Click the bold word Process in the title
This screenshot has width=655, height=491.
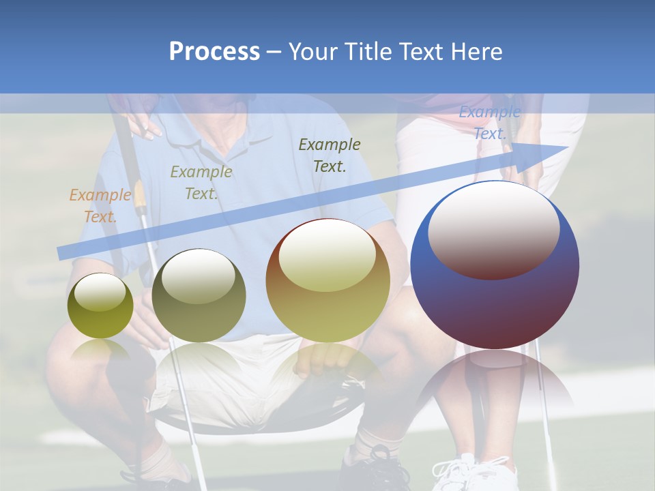click(214, 52)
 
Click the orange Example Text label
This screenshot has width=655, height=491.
click(100, 206)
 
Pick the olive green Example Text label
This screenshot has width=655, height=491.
click(201, 183)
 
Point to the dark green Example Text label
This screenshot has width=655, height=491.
click(330, 155)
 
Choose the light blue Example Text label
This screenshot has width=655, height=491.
click(489, 123)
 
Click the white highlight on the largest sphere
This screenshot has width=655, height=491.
click(493, 228)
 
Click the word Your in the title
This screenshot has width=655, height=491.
click(312, 52)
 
